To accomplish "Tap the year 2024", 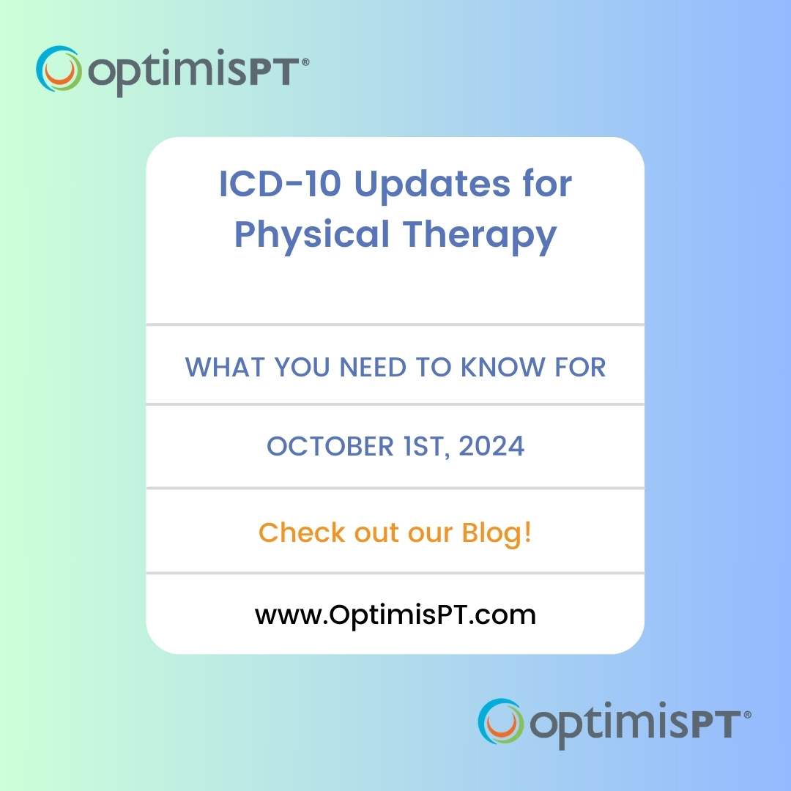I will coord(491,447).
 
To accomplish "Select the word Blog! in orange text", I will coord(497,532).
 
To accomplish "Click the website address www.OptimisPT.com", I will coord(395,614).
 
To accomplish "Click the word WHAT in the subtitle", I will coord(226,366).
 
